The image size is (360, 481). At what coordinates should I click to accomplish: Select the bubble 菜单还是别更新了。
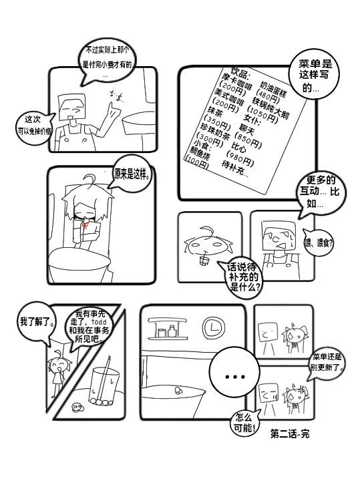[326, 361]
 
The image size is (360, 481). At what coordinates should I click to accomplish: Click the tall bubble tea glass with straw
[102, 384]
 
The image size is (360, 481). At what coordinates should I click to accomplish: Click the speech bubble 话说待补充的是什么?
[245, 276]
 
